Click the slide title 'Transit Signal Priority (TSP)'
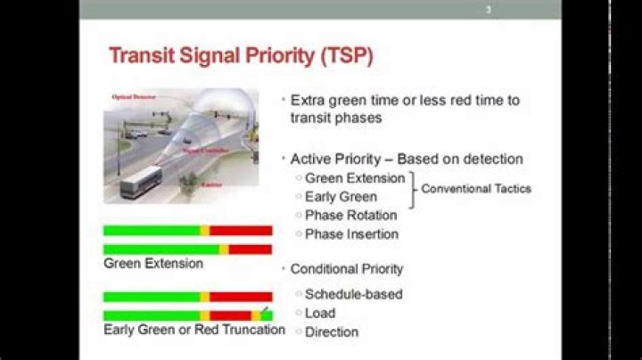click(x=241, y=57)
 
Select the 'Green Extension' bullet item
click(x=355, y=178)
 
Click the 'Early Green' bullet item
click(x=341, y=197)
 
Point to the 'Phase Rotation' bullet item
click(x=350, y=216)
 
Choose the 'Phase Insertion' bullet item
click(x=351, y=234)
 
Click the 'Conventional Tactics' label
click(x=476, y=189)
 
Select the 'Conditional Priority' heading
click(x=346, y=269)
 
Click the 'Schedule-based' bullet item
click(x=353, y=294)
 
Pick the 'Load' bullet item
click(x=320, y=313)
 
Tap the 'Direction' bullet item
click(x=331, y=331)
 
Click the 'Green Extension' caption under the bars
click(x=152, y=264)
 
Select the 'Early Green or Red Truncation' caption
click(x=193, y=330)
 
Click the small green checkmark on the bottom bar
click(x=265, y=312)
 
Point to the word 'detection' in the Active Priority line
click(x=490, y=159)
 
